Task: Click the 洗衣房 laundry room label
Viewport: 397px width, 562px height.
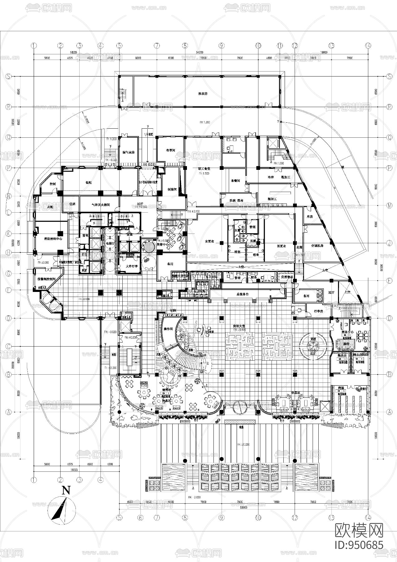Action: tap(203, 94)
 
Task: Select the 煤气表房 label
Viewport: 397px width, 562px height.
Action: tap(128, 152)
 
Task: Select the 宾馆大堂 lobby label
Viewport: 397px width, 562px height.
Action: tap(238, 326)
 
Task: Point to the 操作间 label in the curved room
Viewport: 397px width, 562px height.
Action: tap(168, 329)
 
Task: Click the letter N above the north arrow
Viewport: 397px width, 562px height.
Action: tap(66, 490)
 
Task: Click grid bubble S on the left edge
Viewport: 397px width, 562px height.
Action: tap(9, 76)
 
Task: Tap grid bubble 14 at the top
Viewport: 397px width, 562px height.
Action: tap(369, 45)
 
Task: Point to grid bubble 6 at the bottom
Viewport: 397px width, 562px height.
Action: tap(140, 517)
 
